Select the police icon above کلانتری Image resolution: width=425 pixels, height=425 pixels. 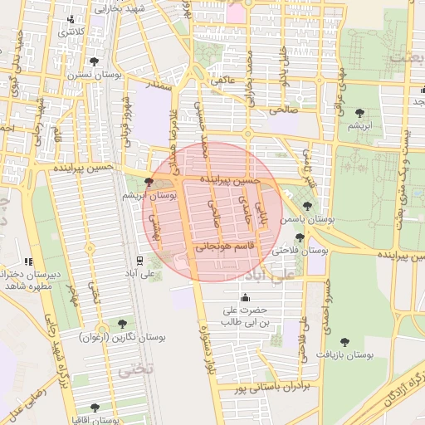76,19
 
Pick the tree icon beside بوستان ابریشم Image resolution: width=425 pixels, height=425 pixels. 149,181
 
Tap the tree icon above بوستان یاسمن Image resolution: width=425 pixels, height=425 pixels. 307,206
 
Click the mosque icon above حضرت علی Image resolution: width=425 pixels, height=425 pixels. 245,298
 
